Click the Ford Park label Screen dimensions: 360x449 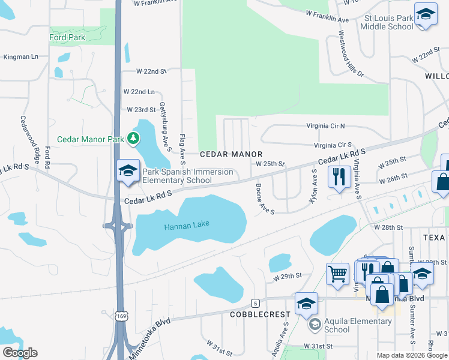[x=67, y=37]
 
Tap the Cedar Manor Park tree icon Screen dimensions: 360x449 [x=133, y=139]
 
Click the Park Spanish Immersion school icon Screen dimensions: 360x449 [x=128, y=171]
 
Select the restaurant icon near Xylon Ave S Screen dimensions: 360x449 [x=339, y=176]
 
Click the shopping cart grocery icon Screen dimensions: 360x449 [x=337, y=274]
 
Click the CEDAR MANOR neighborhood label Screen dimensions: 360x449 [x=231, y=154]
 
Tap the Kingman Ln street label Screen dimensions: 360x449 [x=20, y=57]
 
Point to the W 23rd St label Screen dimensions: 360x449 [x=141, y=110]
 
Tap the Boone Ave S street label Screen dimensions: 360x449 [x=265, y=198]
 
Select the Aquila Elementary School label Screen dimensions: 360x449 [x=358, y=325]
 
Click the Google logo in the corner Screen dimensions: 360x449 [x=19, y=353]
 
